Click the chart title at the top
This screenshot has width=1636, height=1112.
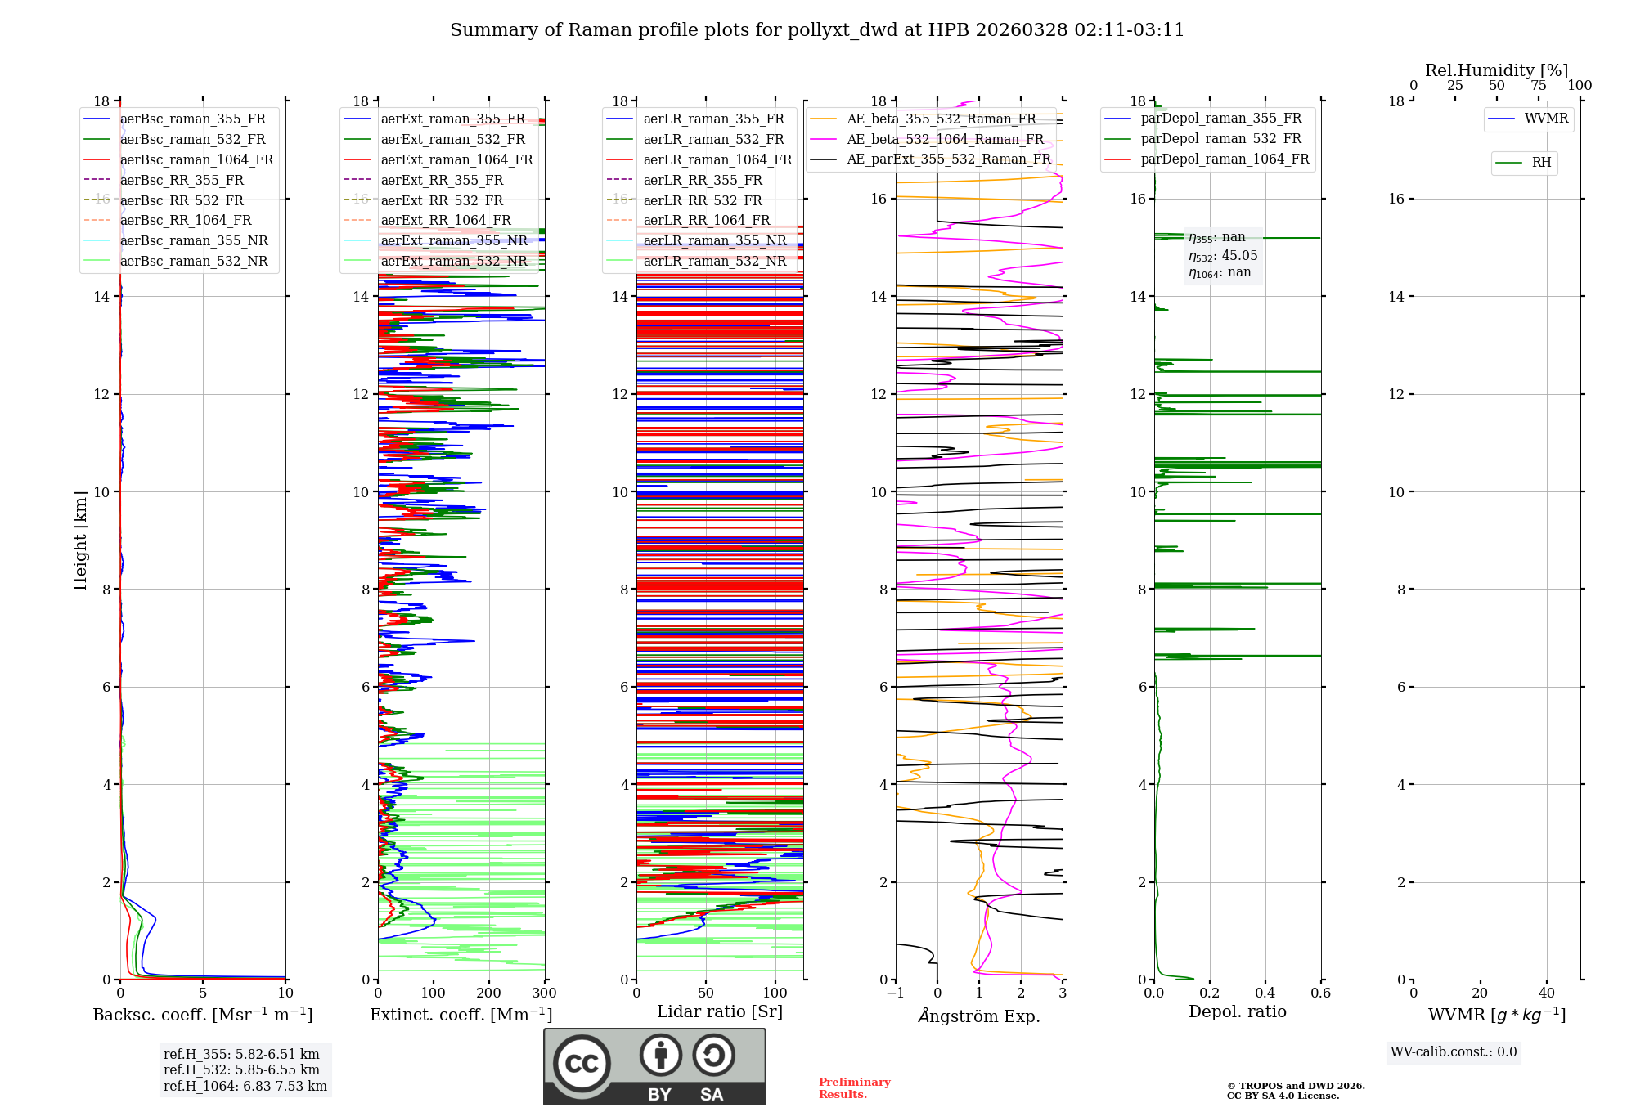point(816,30)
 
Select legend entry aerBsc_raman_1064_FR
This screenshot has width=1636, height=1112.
point(196,160)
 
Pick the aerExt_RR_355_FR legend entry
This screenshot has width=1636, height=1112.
point(442,181)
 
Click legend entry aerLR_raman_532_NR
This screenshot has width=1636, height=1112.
point(714,262)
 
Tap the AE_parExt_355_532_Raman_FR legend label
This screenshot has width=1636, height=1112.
point(948,159)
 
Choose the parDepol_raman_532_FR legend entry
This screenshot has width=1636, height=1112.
point(1220,139)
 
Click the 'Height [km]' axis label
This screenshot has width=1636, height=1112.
point(80,540)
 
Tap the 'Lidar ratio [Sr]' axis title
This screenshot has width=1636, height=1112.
point(719,1011)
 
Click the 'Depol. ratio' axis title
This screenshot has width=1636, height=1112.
point(1237,1011)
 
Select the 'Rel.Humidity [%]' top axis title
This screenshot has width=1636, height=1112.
point(1496,70)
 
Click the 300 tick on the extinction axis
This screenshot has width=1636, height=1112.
point(544,993)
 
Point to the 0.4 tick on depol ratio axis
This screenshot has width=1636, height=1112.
point(1265,993)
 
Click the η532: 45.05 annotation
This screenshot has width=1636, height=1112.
point(1223,256)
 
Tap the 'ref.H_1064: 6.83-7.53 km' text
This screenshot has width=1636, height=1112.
point(245,1087)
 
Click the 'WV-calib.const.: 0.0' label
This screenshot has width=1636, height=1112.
point(1453,1052)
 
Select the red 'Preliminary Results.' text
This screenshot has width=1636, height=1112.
point(854,1088)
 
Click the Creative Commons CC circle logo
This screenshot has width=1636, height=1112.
point(582,1064)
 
